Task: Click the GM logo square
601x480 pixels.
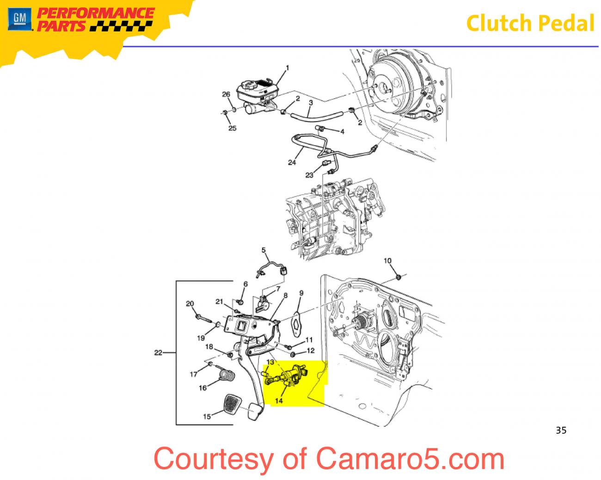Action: pyautogui.click(x=19, y=19)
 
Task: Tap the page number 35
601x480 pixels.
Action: pyautogui.click(x=561, y=431)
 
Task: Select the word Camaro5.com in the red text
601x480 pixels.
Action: pyautogui.click(x=410, y=459)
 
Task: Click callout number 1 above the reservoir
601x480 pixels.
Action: pyautogui.click(x=287, y=68)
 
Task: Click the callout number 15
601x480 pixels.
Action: pyautogui.click(x=207, y=417)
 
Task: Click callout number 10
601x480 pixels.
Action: pyautogui.click(x=387, y=261)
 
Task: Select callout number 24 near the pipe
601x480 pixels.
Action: pyautogui.click(x=292, y=162)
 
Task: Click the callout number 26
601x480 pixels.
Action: pyautogui.click(x=226, y=94)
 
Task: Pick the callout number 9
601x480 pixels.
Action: pyautogui.click(x=301, y=293)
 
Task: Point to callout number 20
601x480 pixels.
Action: pyautogui.click(x=190, y=304)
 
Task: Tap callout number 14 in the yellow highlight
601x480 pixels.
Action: pyautogui.click(x=279, y=401)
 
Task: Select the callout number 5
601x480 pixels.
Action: pyautogui.click(x=264, y=251)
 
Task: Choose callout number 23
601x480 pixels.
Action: pyautogui.click(x=309, y=175)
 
